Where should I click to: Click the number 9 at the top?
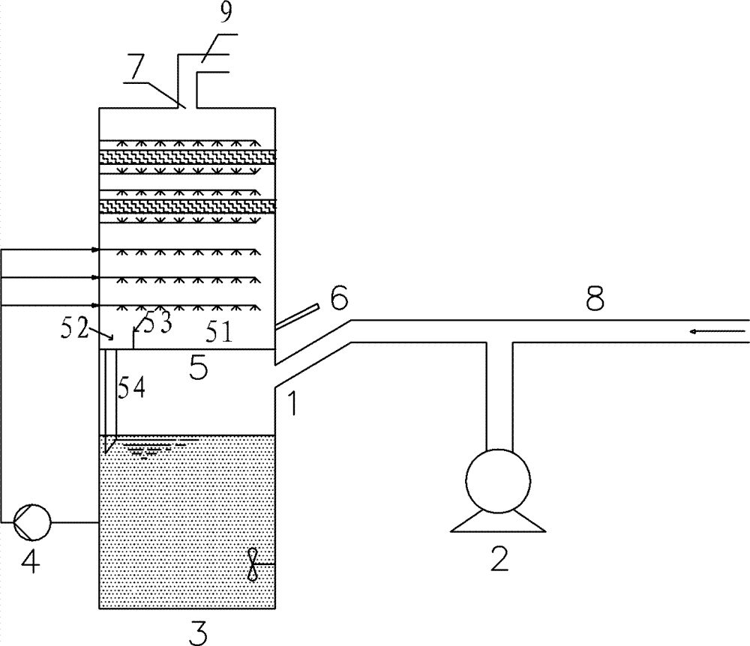click(226, 13)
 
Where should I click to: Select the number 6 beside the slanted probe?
click(339, 298)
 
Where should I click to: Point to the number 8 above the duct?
click(595, 298)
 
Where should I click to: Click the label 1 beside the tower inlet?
click(292, 402)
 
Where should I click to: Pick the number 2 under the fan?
click(499, 558)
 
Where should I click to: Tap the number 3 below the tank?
click(197, 632)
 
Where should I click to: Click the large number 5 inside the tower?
click(199, 367)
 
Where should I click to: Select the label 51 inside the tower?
click(219, 331)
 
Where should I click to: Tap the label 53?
click(157, 324)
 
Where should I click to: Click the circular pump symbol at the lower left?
click(32, 522)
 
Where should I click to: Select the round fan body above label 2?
click(498, 480)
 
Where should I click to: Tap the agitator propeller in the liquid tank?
click(253, 565)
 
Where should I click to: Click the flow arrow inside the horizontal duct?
click(718, 331)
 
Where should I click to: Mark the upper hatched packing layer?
click(187, 157)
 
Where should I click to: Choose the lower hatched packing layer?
click(187, 206)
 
